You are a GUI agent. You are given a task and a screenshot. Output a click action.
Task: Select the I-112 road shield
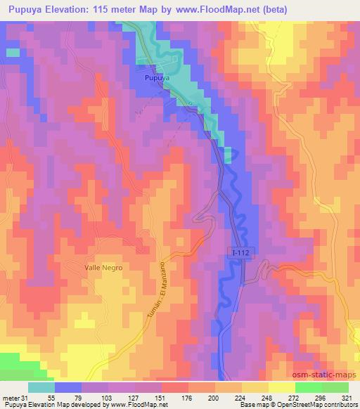240,260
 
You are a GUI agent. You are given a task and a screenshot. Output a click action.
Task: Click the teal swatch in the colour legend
41,387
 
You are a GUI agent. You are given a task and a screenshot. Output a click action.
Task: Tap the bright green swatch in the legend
308,387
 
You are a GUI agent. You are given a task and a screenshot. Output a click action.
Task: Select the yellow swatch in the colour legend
281,387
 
